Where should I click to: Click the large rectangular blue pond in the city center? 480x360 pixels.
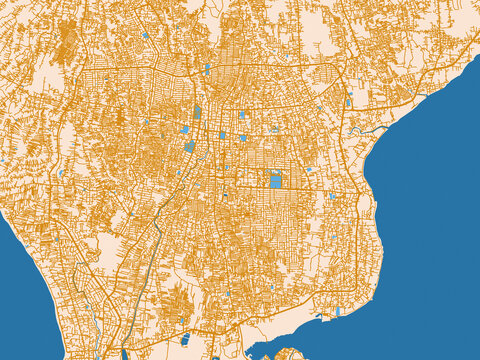pos(275,181)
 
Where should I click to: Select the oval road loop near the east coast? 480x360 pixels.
pos(364,205)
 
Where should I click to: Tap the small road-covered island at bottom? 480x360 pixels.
pos(291,354)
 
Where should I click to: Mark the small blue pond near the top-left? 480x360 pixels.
pos(145,36)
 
